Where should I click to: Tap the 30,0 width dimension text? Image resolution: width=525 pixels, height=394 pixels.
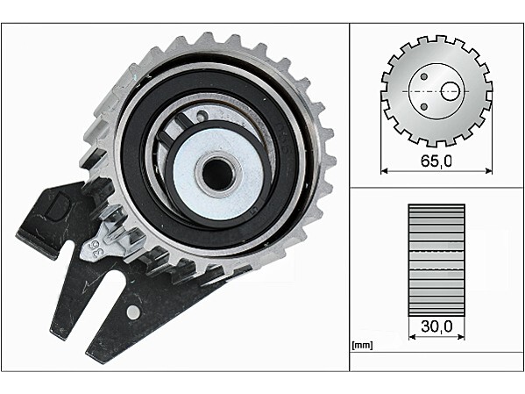click(x=436, y=326)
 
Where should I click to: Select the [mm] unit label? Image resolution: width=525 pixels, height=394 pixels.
click(x=360, y=345)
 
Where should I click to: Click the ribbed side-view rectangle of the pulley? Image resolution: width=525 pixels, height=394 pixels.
click(x=436, y=258)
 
